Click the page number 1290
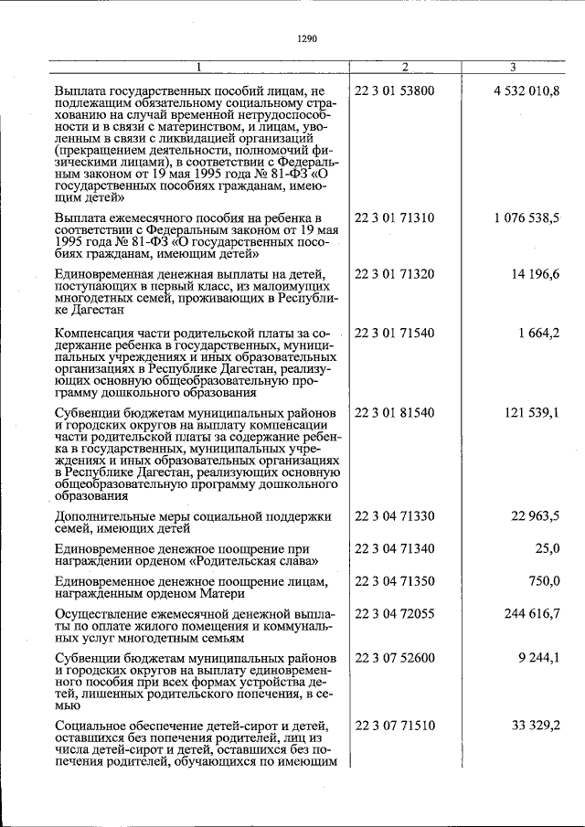(307, 38)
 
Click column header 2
(405, 68)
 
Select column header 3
(513, 68)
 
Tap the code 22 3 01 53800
(394, 91)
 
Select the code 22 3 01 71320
(394, 274)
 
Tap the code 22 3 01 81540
(394, 413)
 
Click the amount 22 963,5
(536, 517)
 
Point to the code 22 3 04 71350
(394, 581)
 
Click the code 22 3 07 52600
(394, 657)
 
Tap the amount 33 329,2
(536, 726)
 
